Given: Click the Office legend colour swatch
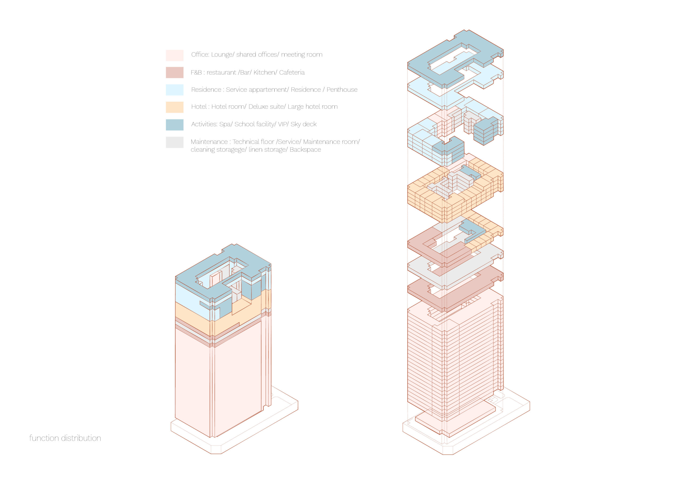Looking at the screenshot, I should tap(174, 55).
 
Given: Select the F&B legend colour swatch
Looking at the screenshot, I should tap(174, 72).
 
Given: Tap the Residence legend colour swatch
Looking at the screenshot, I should tap(174, 90).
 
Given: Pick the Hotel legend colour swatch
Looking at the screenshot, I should tap(174, 107).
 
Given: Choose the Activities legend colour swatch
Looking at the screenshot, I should tap(174, 125).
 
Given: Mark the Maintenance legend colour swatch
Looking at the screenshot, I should tap(174, 142).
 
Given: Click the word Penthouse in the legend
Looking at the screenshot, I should tap(342, 90).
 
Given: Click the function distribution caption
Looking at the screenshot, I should tap(65, 438).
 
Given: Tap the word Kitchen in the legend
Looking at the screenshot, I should tap(264, 72).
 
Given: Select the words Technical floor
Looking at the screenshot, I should tap(253, 142).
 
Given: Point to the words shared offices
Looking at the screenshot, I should tap(256, 55).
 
